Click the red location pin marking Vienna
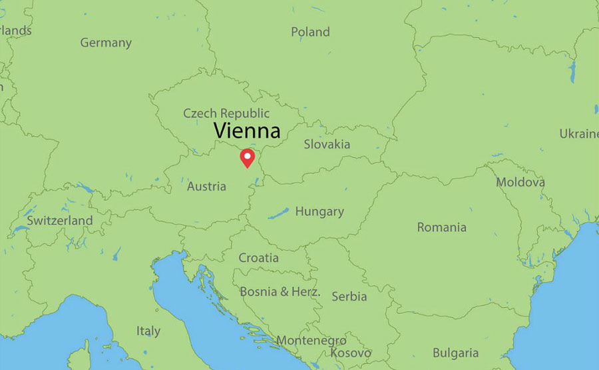[x=248, y=157]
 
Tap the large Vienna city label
[x=246, y=131]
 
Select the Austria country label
[x=206, y=187]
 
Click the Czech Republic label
[x=226, y=113]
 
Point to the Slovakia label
[x=327, y=144]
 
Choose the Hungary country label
[x=319, y=212]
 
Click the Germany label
[x=106, y=43]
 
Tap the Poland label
[x=310, y=32]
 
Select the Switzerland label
[x=60, y=220]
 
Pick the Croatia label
[x=259, y=257]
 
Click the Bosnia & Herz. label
[x=280, y=291]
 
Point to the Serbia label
[x=349, y=296]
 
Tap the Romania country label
[x=442, y=227]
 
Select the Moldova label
[x=520, y=182]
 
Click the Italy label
[x=148, y=331]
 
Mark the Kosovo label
[x=350, y=353]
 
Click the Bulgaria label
[x=455, y=353]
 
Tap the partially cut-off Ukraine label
[x=578, y=134]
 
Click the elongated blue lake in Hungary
[x=278, y=213]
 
